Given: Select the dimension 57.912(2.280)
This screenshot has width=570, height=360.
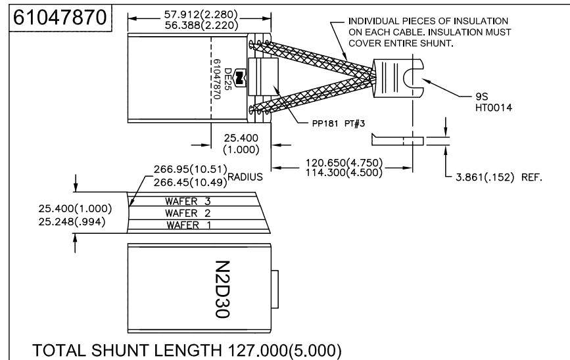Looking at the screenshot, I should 182,14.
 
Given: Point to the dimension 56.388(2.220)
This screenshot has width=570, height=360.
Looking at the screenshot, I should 182,25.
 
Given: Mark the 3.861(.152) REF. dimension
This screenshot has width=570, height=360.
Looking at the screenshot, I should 499,177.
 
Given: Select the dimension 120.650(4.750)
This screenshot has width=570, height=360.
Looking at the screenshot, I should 345,162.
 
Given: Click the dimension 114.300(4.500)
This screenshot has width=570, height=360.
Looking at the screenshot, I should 345,172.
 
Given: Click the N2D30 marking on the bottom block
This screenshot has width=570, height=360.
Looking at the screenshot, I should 221,290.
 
